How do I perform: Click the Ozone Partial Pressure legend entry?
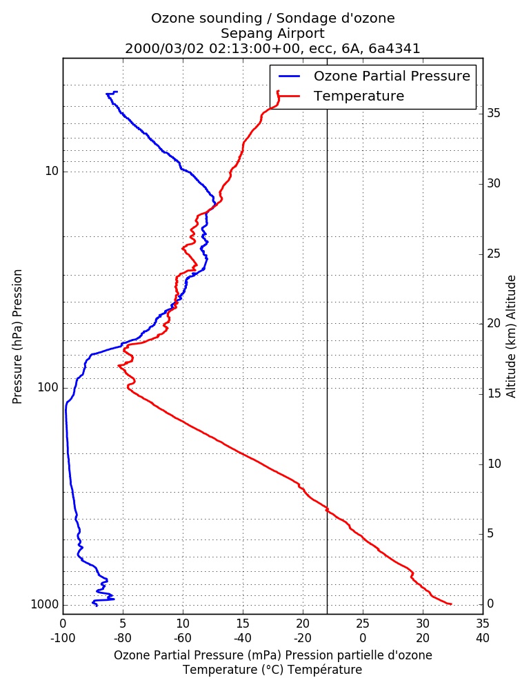(x=374, y=76)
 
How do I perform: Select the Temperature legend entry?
(x=341, y=96)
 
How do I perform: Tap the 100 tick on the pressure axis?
(x=48, y=387)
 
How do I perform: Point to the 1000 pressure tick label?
(x=46, y=605)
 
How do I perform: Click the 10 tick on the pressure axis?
(x=52, y=171)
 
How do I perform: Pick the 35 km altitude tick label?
(x=494, y=114)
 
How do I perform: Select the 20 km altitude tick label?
(x=494, y=323)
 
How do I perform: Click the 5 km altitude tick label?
(x=490, y=533)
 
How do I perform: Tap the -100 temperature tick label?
(x=63, y=638)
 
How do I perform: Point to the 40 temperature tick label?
(x=483, y=638)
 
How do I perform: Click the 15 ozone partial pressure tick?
(x=243, y=624)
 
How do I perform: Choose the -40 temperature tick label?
(x=243, y=638)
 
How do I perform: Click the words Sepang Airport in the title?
(x=272, y=33)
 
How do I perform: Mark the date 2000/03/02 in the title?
(x=165, y=48)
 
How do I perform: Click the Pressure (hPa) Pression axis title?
(x=17, y=337)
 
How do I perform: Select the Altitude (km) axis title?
(x=510, y=337)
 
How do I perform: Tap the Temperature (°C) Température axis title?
(x=272, y=670)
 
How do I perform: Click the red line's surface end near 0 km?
(x=451, y=604)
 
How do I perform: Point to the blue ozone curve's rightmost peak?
(x=215, y=203)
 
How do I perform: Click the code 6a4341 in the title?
(x=394, y=48)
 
